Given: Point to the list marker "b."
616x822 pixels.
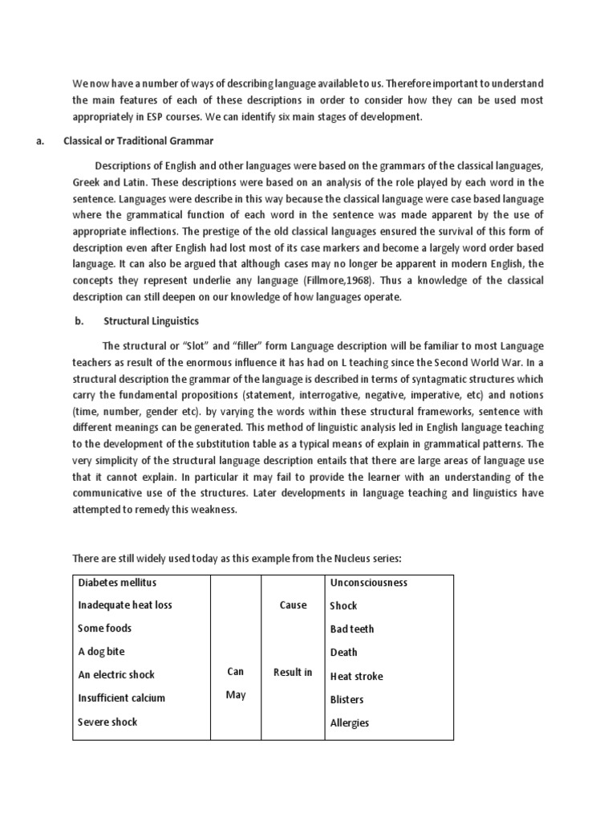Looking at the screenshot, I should point(79,322).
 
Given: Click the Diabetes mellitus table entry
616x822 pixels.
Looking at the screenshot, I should point(117,582).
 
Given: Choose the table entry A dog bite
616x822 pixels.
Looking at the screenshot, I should point(101,651).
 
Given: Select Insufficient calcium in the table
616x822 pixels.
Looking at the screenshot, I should point(121,698).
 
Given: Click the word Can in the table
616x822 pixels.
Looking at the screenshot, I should point(235,671).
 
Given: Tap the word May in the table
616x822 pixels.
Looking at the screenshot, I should point(235,694).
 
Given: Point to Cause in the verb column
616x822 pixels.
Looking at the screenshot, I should point(293,604).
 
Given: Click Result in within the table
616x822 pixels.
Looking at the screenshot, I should point(293,672).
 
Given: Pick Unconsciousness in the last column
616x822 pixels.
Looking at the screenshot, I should point(369,582).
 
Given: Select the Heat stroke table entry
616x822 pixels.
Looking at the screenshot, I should point(356,676).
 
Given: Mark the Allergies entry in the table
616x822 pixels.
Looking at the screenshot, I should point(350,722).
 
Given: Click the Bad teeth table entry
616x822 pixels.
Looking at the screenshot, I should point(352,629).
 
